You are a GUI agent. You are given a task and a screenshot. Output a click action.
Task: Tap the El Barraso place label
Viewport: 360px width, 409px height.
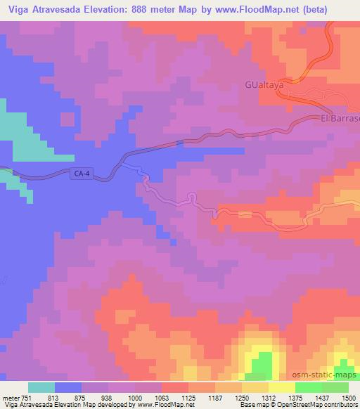340,119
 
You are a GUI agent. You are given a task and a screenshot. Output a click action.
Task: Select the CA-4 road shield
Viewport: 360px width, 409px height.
83,180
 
